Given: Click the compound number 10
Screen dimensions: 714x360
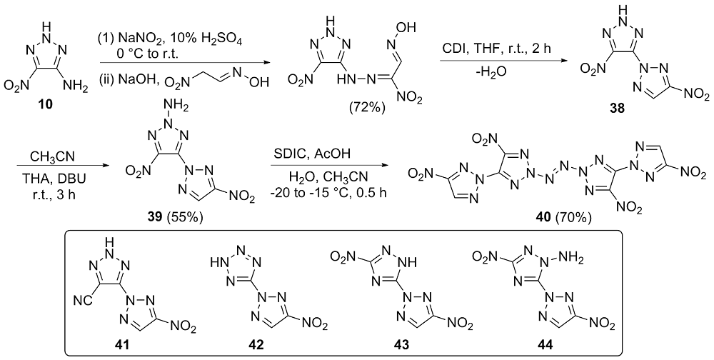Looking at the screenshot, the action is [46, 104].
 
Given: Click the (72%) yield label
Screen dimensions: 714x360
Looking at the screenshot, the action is [368, 108].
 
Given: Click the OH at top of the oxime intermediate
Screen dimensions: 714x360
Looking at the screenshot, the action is [409, 29].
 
